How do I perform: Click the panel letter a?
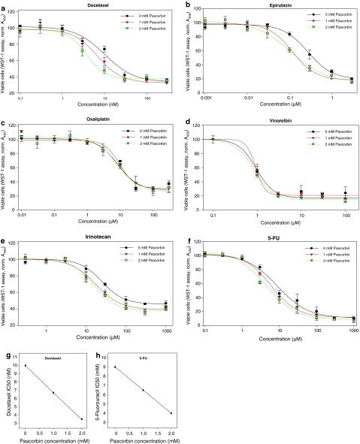(x=4, y=5)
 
